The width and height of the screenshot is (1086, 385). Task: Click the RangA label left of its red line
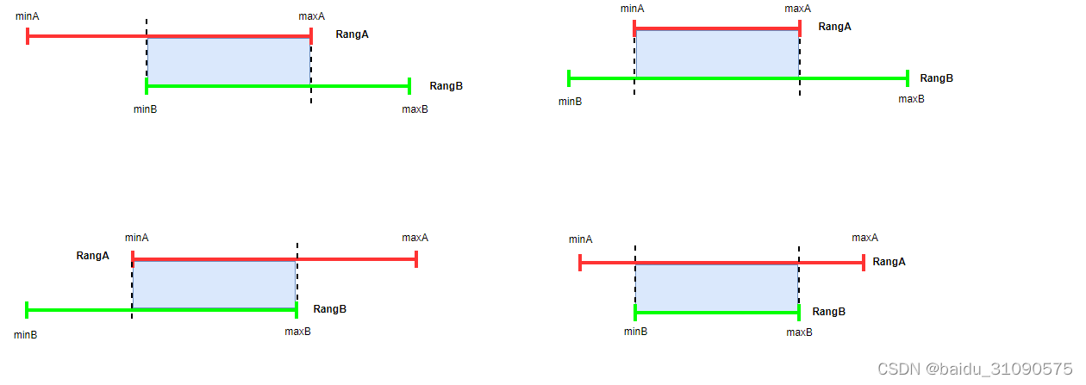92,256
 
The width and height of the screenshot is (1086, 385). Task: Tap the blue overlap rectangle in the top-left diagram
228,61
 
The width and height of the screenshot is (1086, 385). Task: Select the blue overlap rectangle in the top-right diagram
717,53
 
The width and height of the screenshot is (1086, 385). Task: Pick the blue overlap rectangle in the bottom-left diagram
214,283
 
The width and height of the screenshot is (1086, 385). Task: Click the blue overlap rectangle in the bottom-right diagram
716,289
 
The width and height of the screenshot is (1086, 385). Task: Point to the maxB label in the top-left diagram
415,109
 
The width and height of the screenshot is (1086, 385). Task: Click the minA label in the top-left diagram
28,16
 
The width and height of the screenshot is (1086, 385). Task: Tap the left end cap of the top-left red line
28,36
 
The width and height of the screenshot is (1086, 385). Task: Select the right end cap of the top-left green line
409,85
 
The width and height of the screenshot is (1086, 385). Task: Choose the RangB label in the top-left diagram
446,86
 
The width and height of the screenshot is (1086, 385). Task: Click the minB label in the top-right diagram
570,101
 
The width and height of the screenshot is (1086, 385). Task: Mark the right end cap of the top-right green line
908,78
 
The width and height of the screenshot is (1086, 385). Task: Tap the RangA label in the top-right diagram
834,27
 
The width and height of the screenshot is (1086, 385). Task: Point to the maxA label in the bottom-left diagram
415,238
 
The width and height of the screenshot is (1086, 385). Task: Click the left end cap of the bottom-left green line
28,309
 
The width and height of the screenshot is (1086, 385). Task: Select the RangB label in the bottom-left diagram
329,309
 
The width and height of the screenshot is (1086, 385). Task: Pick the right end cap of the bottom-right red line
863,263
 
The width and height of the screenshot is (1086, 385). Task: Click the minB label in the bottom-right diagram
635,332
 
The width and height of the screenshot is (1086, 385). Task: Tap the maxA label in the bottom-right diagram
864,238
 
